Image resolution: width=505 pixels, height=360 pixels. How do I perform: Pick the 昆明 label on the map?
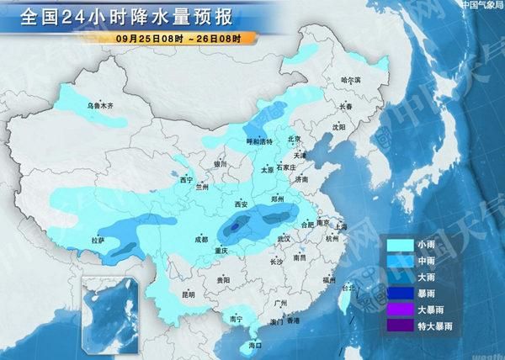point(187,296)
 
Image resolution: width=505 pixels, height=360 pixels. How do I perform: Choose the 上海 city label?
point(339,226)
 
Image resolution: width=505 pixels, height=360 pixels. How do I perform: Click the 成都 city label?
point(197,240)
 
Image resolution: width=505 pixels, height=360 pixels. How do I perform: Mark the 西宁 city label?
point(187,180)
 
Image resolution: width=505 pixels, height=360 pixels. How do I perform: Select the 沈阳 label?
point(338,128)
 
